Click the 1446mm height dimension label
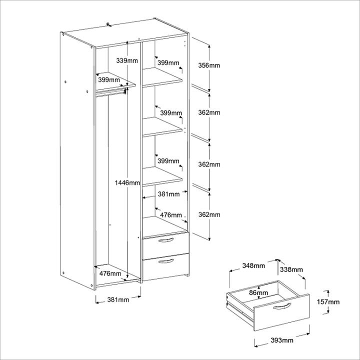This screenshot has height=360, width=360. (126, 183)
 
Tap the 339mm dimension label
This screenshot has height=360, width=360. (126, 60)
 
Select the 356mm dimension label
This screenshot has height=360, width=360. (208, 65)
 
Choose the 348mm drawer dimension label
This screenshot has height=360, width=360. (252, 265)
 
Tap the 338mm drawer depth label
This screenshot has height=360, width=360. (291, 269)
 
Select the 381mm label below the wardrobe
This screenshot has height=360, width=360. (118, 300)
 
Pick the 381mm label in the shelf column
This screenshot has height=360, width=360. (169, 194)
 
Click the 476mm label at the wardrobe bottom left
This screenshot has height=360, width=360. (109, 273)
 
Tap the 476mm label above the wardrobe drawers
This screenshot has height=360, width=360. (170, 214)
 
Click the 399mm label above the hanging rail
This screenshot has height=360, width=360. (108, 79)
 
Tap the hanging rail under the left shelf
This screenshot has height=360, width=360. (110, 91)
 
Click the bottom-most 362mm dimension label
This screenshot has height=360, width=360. (208, 214)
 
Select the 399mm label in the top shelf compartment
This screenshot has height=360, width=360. (168, 63)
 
